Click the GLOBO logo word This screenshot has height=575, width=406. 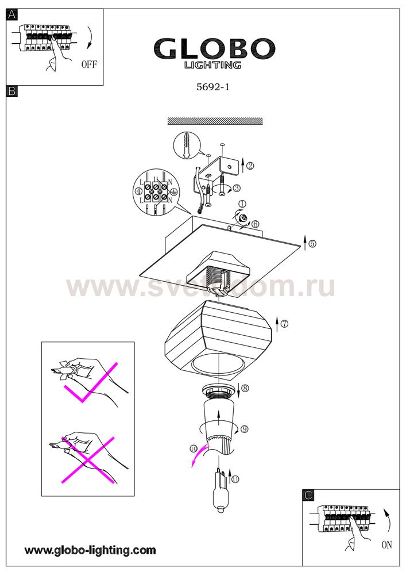click(x=214, y=48)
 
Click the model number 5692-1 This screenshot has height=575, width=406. click(x=213, y=87)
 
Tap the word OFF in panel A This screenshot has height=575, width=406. click(x=90, y=64)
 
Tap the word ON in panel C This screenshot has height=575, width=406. click(x=386, y=545)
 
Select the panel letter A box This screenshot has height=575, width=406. click(x=12, y=15)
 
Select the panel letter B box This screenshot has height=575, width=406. click(x=12, y=91)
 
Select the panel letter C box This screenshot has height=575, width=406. click(x=308, y=496)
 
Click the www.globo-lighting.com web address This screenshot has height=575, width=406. click(x=90, y=550)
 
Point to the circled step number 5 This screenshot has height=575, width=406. click(x=312, y=243)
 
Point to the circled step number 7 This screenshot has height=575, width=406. click(x=284, y=324)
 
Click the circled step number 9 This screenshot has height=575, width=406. click(x=245, y=429)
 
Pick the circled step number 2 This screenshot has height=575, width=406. click(x=250, y=166)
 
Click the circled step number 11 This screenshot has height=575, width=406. click(x=235, y=480)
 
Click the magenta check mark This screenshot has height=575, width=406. click(x=91, y=383)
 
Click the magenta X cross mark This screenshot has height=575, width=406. click(x=88, y=460)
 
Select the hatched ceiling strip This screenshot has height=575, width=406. click(x=215, y=121)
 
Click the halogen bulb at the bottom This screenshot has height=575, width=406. click(x=221, y=492)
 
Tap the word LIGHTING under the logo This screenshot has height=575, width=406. click(x=212, y=66)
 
